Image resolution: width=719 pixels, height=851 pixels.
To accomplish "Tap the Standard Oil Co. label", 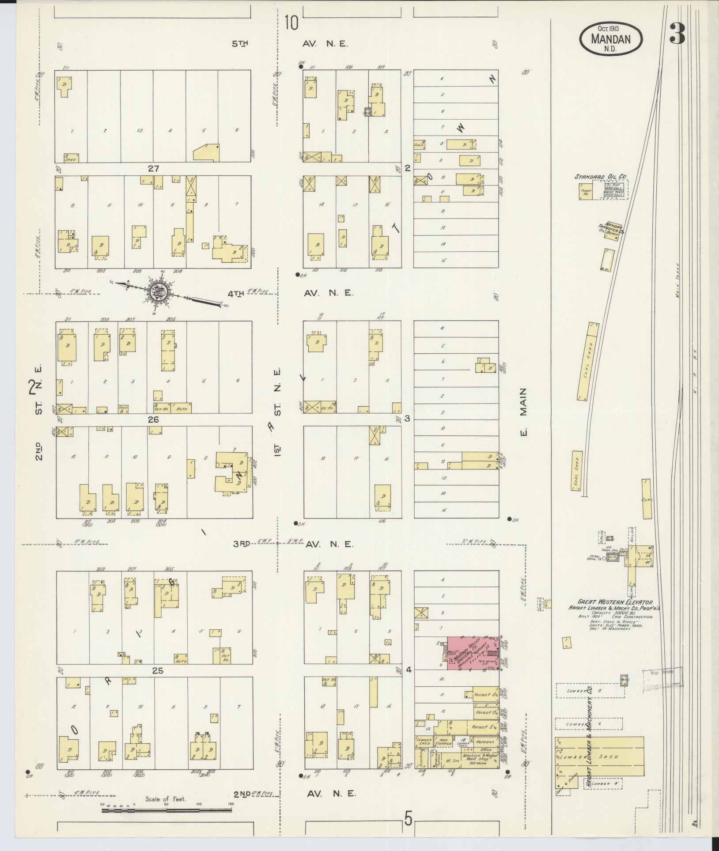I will [x=600, y=177].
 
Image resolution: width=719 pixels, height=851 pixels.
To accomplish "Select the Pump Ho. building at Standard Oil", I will [x=586, y=192].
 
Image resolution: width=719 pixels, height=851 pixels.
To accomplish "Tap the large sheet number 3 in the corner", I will [x=677, y=34].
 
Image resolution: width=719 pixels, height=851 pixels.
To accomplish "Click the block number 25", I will [x=158, y=683].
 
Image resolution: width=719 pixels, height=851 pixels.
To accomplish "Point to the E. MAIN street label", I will [x=523, y=411].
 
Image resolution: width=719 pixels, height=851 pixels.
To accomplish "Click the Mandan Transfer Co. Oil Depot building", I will [x=611, y=233].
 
